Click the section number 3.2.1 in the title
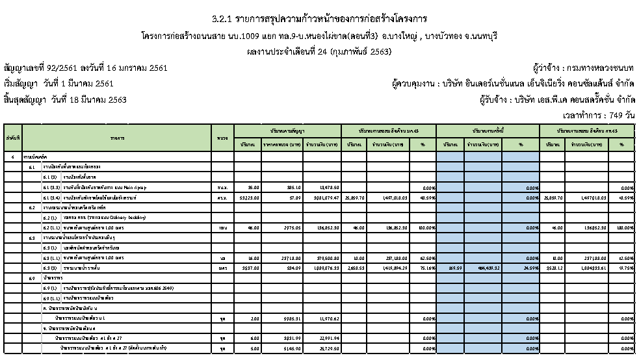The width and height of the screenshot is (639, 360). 224,17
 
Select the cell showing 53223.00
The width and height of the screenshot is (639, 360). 250,197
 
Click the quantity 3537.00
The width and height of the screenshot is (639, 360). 250,267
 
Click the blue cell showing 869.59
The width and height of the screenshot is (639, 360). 451,267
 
